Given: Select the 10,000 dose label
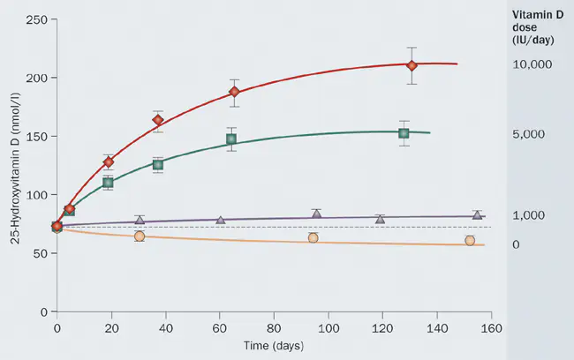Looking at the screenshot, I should click(x=532, y=65).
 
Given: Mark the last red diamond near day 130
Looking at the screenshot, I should click(x=412, y=65).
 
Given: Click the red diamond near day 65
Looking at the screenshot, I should click(x=234, y=92).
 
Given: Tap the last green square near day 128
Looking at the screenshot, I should click(x=404, y=133).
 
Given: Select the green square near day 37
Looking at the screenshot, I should click(x=158, y=165).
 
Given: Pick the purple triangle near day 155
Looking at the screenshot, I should click(x=477, y=214).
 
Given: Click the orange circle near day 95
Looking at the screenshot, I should click(x=313, y=238).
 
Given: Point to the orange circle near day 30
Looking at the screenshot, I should click(x=139, y=236).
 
